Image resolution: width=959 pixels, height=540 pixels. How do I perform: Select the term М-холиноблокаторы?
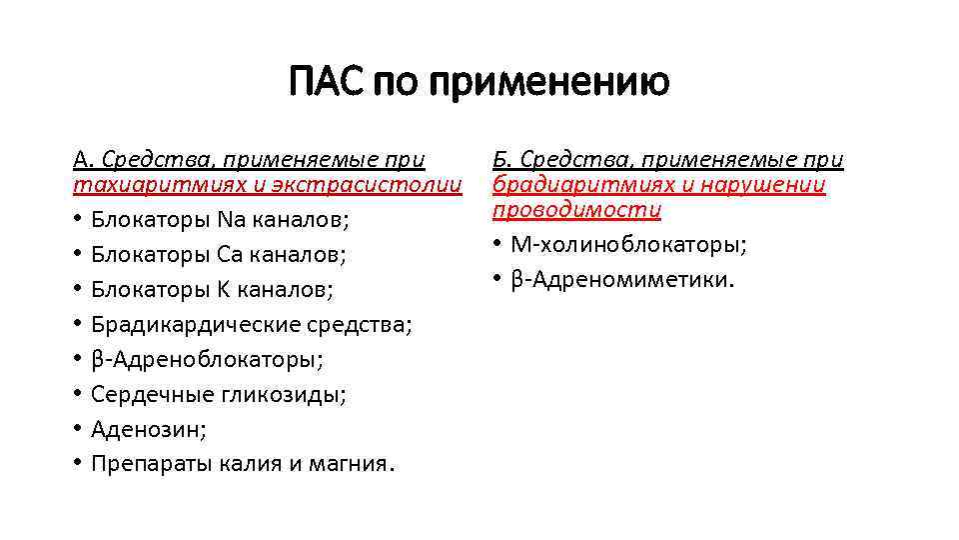(629, 245)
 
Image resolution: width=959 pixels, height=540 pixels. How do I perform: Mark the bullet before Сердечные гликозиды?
(77, 395)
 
